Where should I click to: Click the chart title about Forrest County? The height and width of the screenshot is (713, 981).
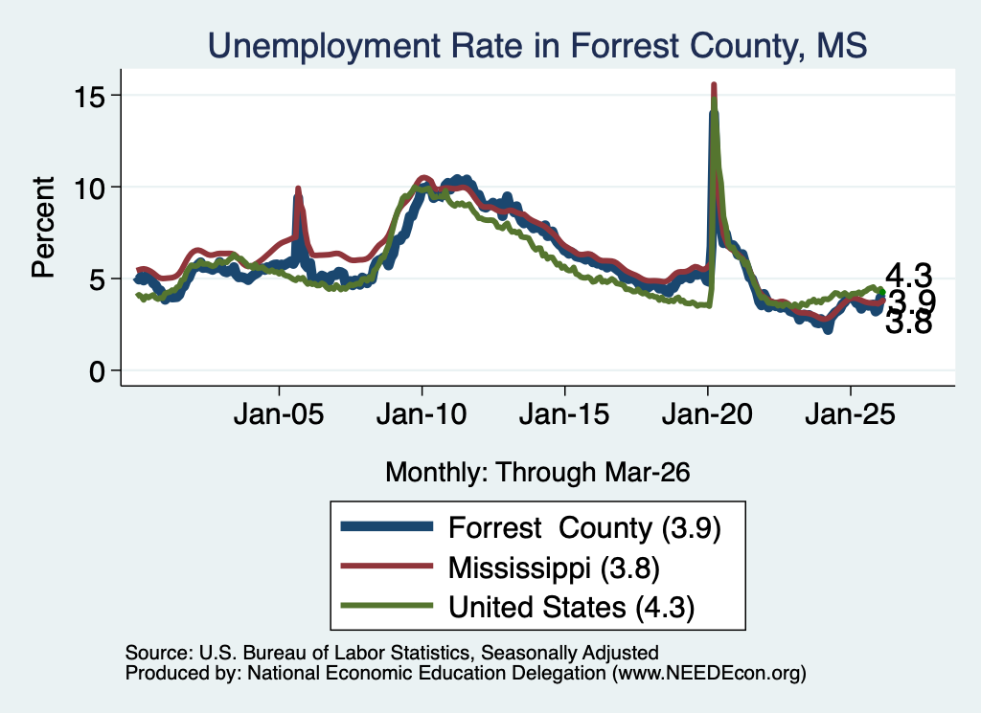(x=537, y=46)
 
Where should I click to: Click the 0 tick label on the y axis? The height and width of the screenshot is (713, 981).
(x=97, y=371)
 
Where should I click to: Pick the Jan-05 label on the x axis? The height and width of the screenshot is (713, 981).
(x=279, y=414)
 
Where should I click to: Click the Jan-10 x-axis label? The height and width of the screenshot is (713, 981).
(x=422, y=414)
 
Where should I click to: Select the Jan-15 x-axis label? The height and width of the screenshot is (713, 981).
(x=564, y=414)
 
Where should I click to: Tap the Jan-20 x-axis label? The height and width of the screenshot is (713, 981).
(x=708, y=414)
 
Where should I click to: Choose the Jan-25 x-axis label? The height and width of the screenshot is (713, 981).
(x=851, y=414)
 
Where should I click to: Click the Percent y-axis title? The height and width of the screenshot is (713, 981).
(x=43, y=228)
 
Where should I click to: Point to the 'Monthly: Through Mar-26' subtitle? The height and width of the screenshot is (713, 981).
(x=537, y=473)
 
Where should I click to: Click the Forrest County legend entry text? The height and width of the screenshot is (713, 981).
(x=585, y=528)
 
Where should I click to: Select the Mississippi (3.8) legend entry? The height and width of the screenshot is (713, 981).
(x=555, y=568)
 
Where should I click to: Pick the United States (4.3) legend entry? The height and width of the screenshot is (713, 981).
(x=572, y=607)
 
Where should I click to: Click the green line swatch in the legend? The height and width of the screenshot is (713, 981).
(x=387, y=606)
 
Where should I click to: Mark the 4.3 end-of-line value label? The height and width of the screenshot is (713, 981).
(x=908, y=276)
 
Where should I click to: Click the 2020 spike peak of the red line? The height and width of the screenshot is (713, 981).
(x=714, y=84)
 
